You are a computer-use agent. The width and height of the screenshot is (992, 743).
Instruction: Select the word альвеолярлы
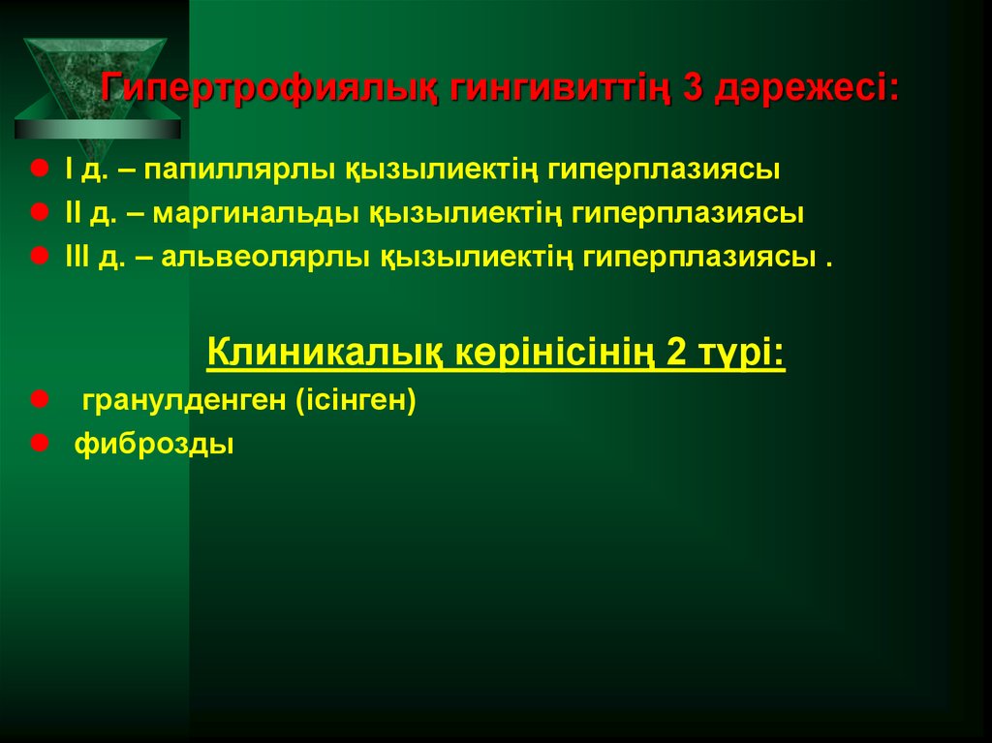[x=263, y=258]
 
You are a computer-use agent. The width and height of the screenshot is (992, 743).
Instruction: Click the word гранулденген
[x=183, y=401]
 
